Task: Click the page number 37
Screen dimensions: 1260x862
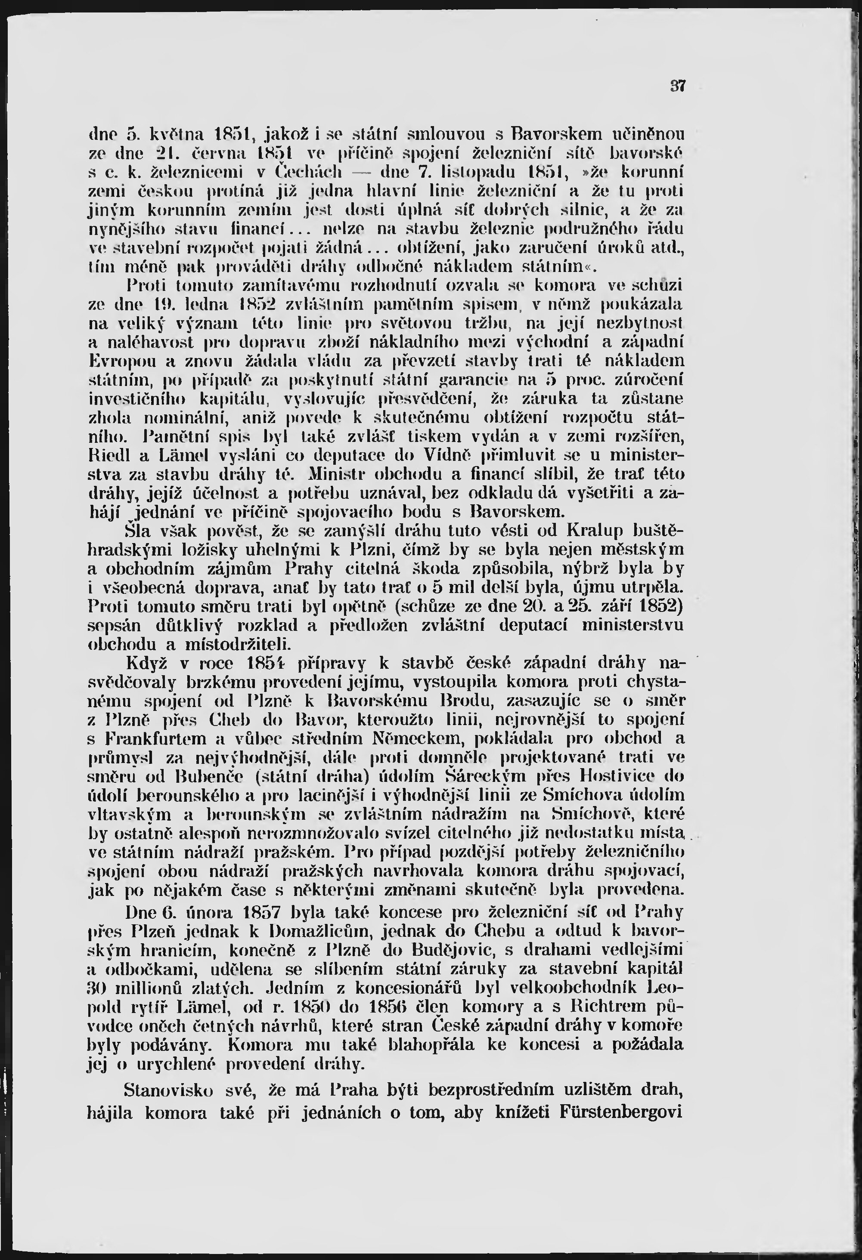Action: point(678,86)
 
